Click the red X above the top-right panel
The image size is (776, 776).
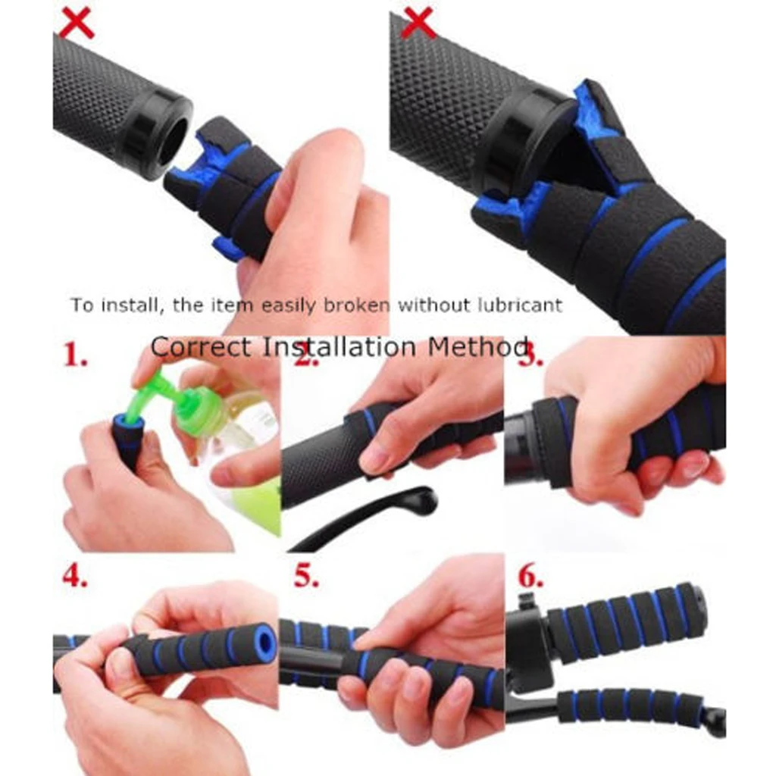[418, 23]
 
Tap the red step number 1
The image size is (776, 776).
[75, 354]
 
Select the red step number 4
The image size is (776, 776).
[74, 576]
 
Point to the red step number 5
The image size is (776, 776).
[305, 576]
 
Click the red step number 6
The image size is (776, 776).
[530, 576]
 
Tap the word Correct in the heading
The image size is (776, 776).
[200, 347]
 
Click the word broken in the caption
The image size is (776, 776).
[355, 305]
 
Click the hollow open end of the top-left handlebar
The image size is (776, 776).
[173, 141]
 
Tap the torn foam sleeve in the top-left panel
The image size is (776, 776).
[220, 189]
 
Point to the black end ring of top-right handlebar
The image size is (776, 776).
[515, 144]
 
